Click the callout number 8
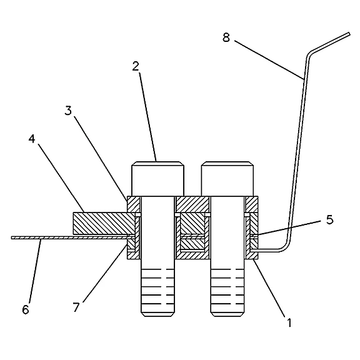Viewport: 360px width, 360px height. pyautogui.click(x=226, y=37)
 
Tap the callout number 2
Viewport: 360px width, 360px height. pyautogui.click(x=136, y=66)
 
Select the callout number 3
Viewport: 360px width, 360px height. pyautogui.click(x=68, y=111)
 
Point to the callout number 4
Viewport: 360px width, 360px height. pyautogui.click(x=32, y=139)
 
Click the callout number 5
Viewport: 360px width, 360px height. pyautogui.click(x=330, y=220)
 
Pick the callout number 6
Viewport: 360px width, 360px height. pyautogui.click(x=26, y=309)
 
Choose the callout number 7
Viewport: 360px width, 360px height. pyautogui.click(x=76, y=307)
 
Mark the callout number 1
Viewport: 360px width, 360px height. pyautogui.click(x=289, y=322)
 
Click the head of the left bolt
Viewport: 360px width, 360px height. pyautogui.click(x=157, y=179)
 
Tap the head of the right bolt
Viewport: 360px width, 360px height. pyautogui.click(x=227, y=179)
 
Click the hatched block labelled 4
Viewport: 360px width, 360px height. pyautogui.click(x=104, y=223)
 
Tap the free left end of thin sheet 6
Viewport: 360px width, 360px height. pyautogui.click(x=12, y=238)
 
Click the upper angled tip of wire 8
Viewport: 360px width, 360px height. pyautogui.click(x=349, y=34)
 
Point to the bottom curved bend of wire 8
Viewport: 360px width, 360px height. pyautogui.click(x=286, y=247)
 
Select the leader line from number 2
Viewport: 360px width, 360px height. pyautogui.click(x=147, y=117)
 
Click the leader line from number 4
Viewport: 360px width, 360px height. pyautogui.click(x=61, y=178)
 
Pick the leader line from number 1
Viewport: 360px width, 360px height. pyautogui.click(x=269, y=288)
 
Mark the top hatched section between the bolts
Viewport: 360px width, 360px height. pyautogui.click(x=192, y=204)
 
